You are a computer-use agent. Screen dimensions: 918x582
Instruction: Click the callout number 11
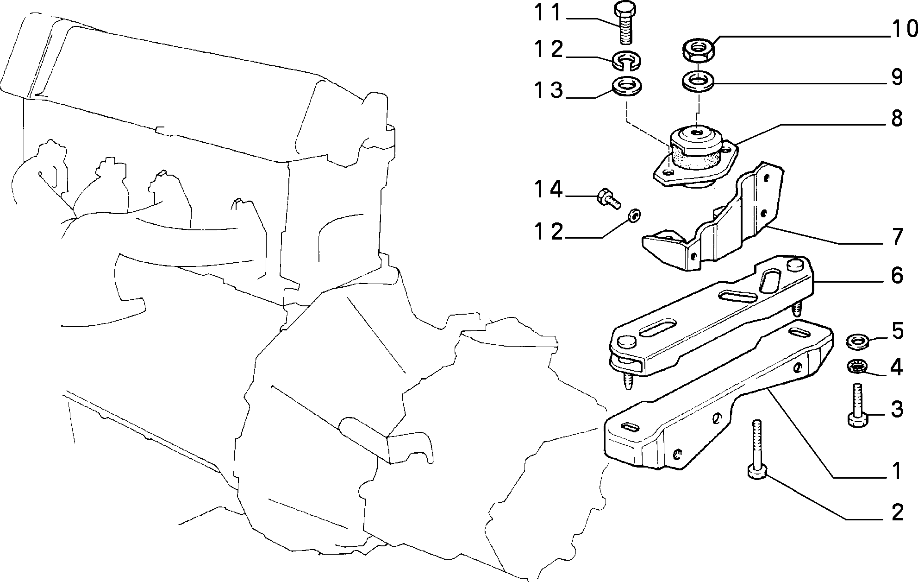pos(548,13)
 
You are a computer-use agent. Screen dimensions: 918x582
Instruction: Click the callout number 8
pos(897,119)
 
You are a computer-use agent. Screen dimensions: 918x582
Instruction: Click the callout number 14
pos(549,190)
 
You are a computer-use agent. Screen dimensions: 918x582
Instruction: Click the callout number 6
pos(897,276)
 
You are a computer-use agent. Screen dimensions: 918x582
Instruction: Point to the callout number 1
pos(897,471)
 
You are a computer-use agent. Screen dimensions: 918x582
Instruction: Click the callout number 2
pos(897,512)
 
